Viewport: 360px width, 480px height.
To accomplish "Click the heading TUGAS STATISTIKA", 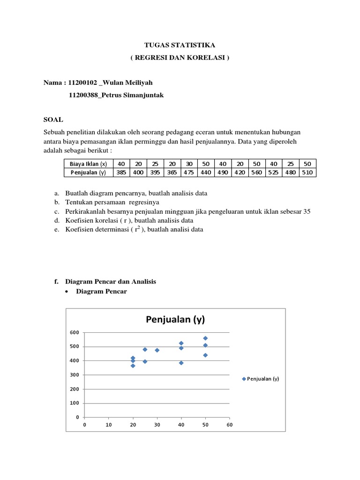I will pyautogui.click(x=180, y=45).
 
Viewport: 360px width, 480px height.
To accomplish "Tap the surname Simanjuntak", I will pyautogui.click(x=138, y=95).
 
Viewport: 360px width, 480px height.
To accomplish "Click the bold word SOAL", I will pyautogui.click(x=53, y=120).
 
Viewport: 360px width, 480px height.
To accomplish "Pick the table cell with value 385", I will pyautogui.click(x=121, y=172).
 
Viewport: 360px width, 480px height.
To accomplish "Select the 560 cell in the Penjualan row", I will pyautogui.click(x=256, y=172).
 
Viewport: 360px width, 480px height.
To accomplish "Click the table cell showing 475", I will pyautogui.click(x=188, y=172).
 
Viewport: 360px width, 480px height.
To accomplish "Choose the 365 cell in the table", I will pyautogui.click(x=172, y=172).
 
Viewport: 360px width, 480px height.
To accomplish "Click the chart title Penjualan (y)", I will pyautogui.click(x=175, y=320).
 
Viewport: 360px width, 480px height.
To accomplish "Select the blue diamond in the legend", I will pyautogui.click(x=244, y=379).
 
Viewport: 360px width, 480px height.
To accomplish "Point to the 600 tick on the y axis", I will pyautogui.click(x=75, y=332).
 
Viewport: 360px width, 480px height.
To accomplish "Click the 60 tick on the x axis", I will pyautogui.click(x=229, y=425).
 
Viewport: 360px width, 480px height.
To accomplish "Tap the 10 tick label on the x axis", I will pyautogui.click(x=108, y=425).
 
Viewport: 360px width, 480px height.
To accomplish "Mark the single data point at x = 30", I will pyautogui.click(x=157, y=350).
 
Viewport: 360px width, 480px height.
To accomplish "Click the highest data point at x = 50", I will pyautogui.click(x=205, y=338).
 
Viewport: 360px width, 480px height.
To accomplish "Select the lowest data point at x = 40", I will pyautogui.click(x=181, y=363).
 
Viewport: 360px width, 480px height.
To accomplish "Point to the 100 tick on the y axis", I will pyautogui.click(x=75, y=403).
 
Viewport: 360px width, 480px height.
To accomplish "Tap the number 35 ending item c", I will pyautogui.click(x=307, y=211).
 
